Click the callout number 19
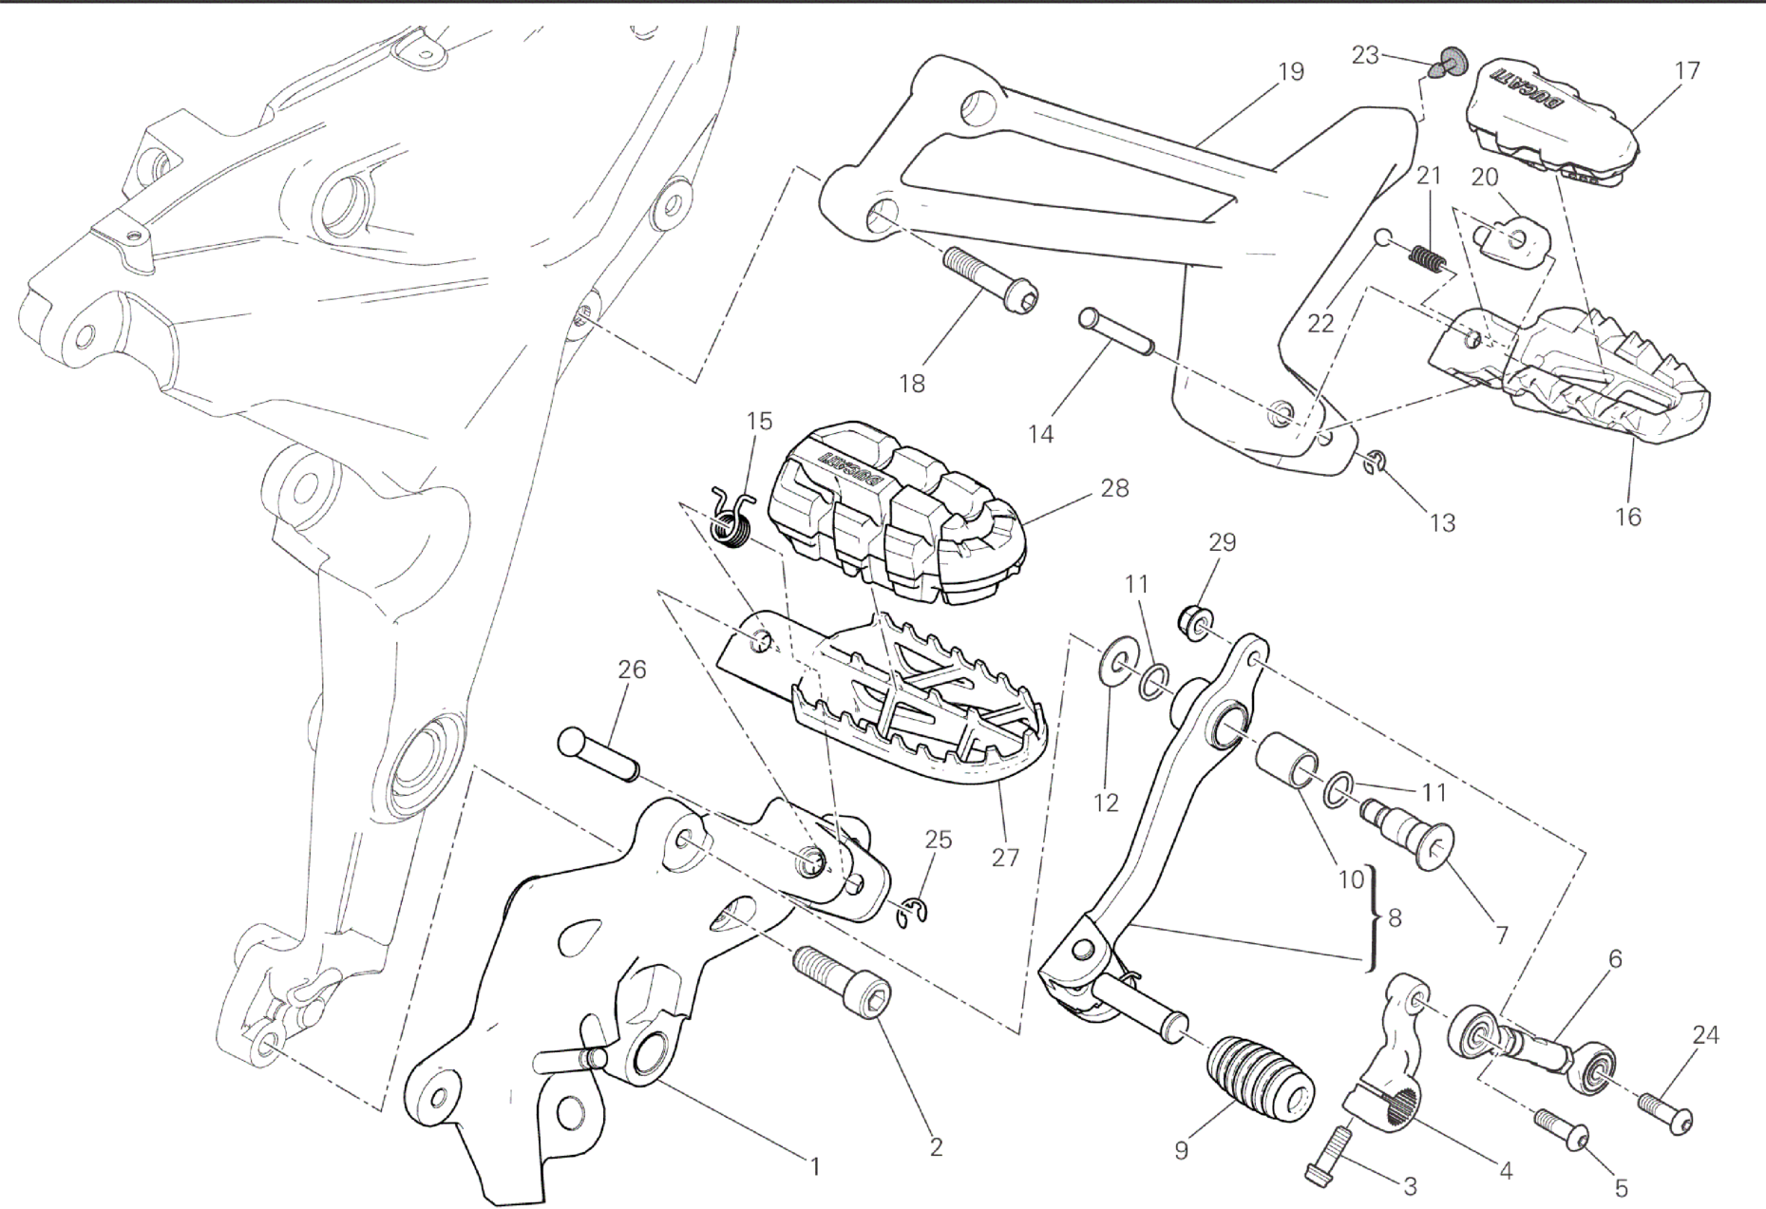(x=1291, y=71)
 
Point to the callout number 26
(x=632, y=670)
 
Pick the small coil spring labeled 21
(x=1426, y=256)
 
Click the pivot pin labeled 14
(x=1116, y=331)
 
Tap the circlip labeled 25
(x=914, y=911)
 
